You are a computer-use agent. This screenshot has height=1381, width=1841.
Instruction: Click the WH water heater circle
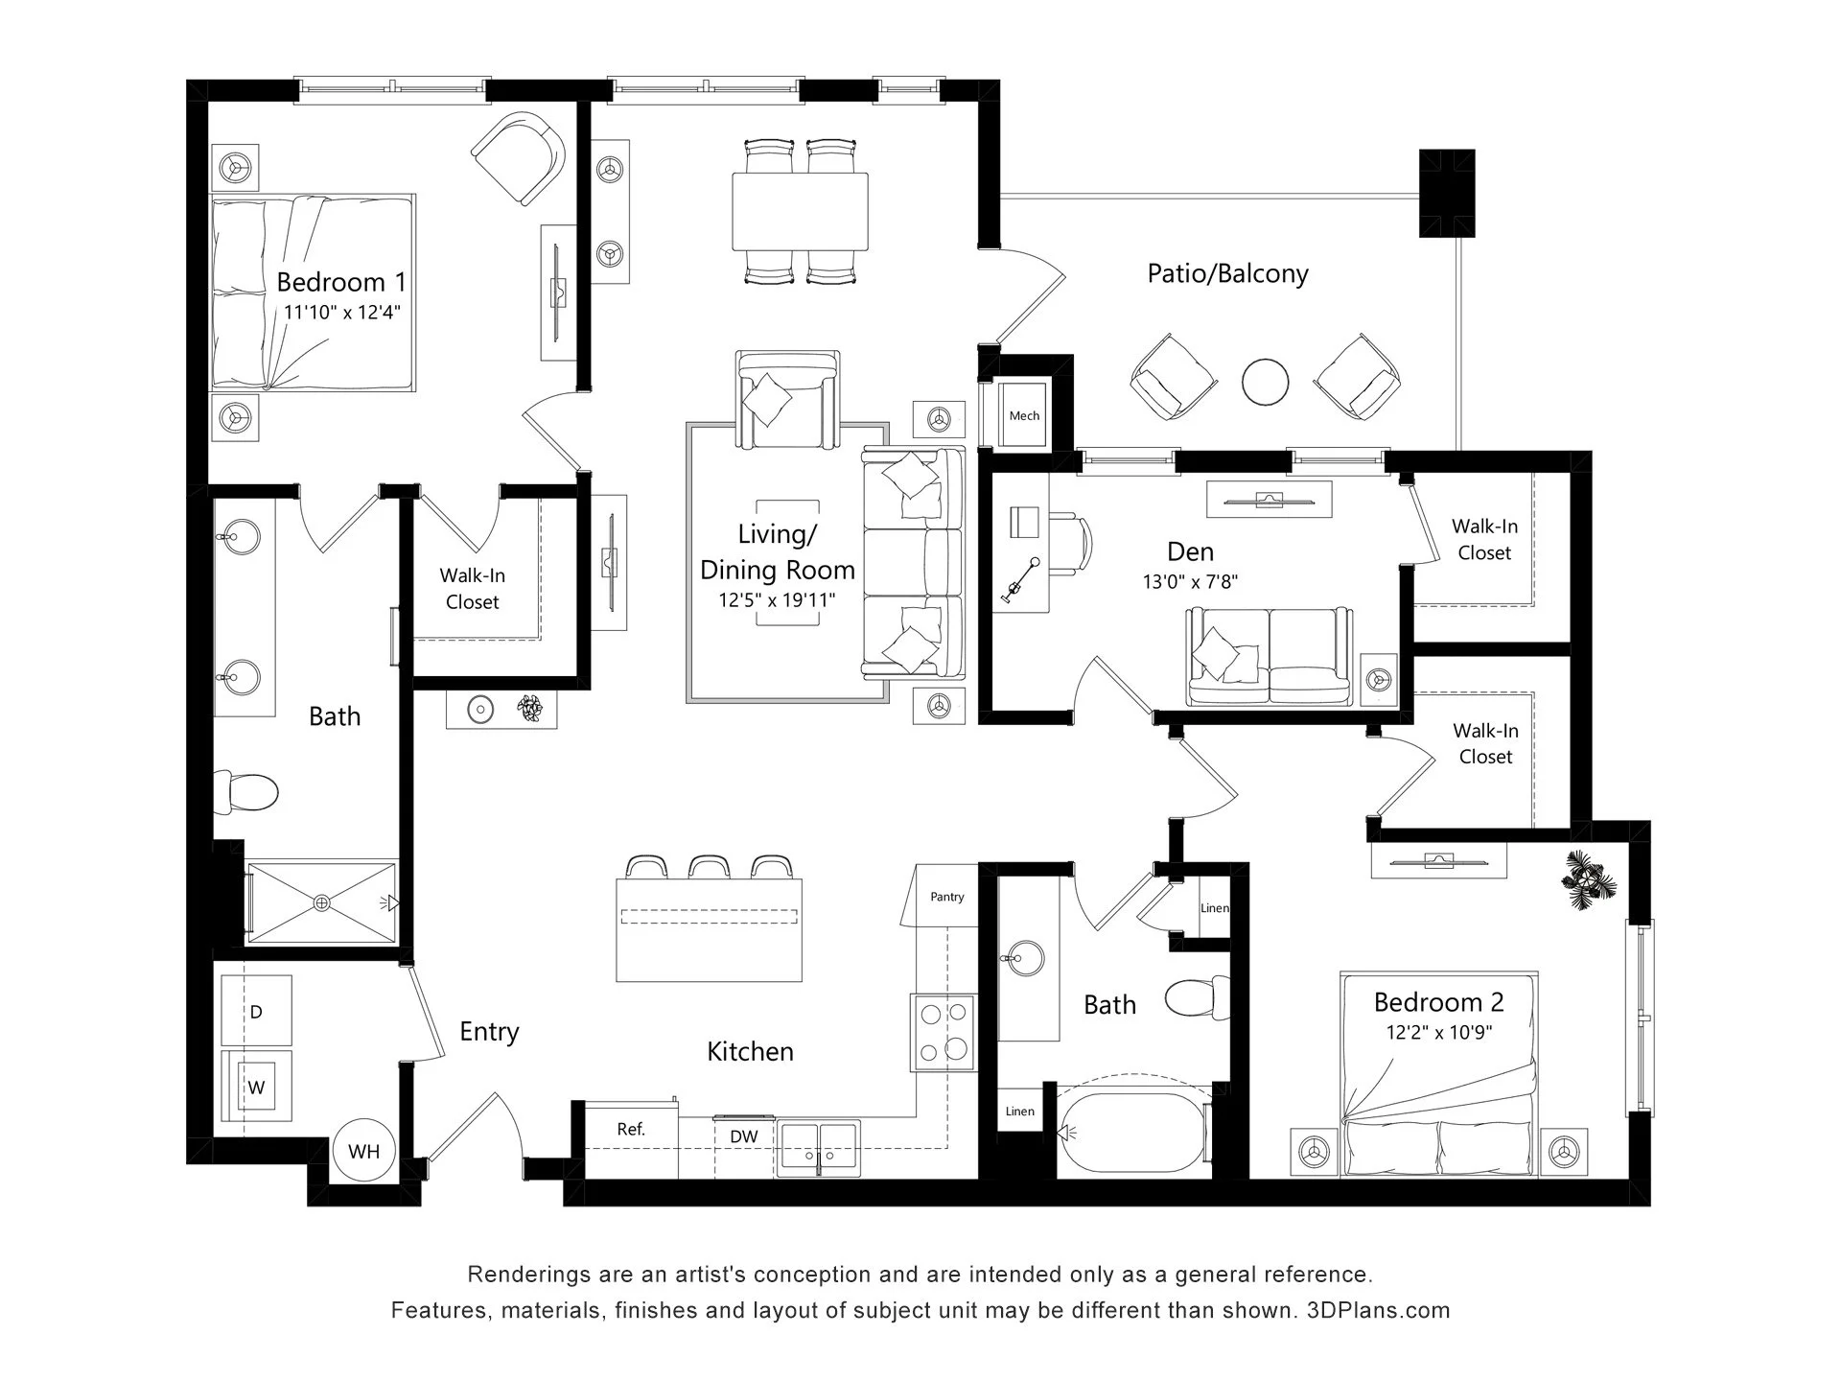pos(363,1151)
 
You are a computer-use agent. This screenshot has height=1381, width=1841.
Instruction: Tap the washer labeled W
pos(256,1086)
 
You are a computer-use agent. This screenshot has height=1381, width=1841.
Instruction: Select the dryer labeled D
pos(256,1011)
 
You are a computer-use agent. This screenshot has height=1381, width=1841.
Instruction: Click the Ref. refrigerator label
pos(631,1130)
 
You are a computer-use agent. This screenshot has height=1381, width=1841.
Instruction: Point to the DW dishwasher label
pos(744,1137)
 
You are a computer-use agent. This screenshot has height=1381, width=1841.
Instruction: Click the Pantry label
pos(947,897)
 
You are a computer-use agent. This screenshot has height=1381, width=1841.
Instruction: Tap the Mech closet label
pos(1024,416)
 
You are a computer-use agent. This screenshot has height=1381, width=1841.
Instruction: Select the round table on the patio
pos(1266,382)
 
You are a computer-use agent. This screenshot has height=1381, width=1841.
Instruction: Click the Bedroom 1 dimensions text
pos(342,312)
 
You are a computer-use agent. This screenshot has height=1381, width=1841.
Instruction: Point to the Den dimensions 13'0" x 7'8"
pos(1191,581)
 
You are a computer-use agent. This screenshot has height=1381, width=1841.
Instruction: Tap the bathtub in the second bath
pos(1132,1134)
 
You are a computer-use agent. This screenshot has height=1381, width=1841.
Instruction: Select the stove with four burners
pos(943,1032)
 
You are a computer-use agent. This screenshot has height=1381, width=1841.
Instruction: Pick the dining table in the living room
pos(800,211)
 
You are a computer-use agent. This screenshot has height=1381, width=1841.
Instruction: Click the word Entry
pos(489,1032)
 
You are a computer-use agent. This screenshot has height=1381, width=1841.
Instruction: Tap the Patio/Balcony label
pos(1227,274)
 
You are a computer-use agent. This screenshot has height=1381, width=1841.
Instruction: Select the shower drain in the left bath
pos(321,902)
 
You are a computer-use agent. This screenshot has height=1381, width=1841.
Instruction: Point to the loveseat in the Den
pos(1270,657)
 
